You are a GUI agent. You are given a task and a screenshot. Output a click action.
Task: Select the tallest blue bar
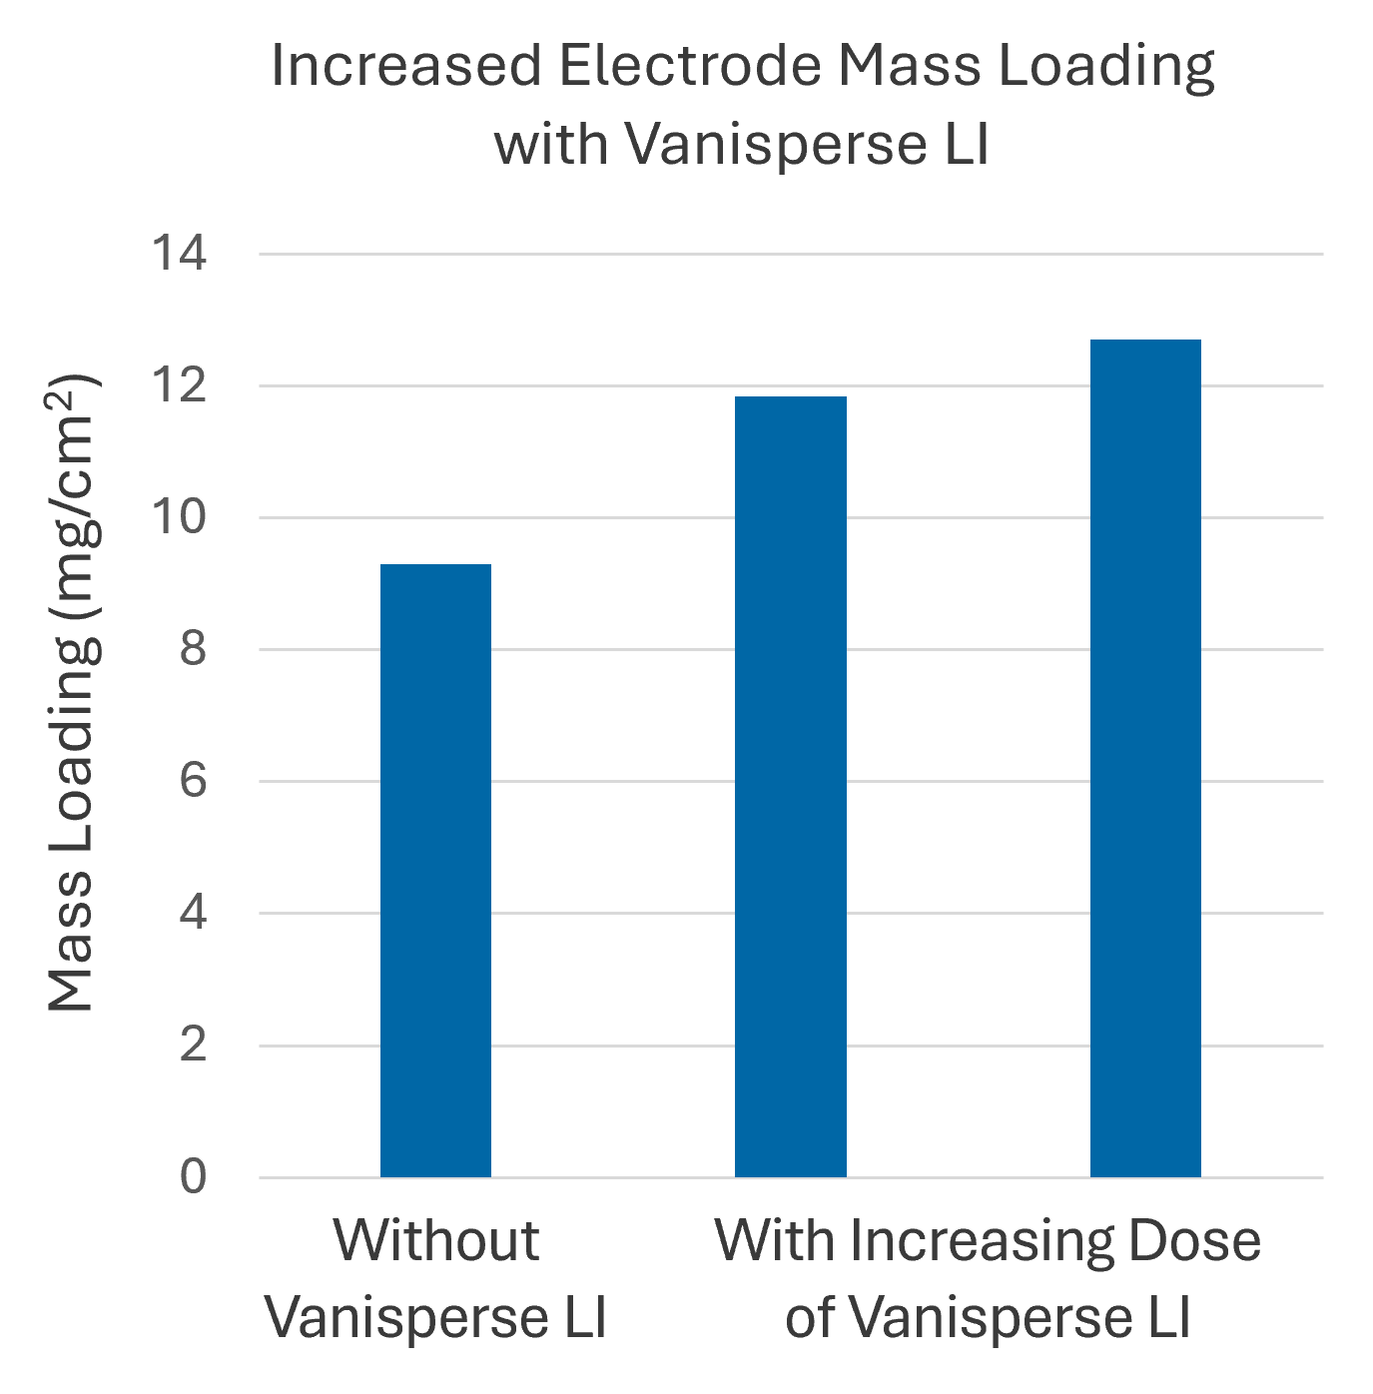coord(1145,759)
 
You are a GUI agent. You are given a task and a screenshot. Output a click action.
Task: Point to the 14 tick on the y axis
coord(180,254)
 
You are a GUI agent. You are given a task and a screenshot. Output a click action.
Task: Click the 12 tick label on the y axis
coord(180,385)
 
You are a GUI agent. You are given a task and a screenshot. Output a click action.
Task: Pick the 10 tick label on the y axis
coord(180,517)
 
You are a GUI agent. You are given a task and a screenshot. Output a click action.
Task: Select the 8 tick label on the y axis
coord(193,649)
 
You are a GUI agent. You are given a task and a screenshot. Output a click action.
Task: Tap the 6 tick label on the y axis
coord(193,781)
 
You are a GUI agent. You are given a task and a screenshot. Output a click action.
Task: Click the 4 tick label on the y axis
coord(193,913)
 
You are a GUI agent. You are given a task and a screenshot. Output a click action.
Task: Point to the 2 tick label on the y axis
coord(193,1045)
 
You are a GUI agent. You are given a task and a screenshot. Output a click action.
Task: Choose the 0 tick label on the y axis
coord(193,1177)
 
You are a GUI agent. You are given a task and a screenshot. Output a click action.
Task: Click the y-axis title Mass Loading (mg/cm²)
coord(73,692)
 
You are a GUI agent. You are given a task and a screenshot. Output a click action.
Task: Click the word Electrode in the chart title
coord(690,66)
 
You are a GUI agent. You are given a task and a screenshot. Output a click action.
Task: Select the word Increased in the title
coord(405,66)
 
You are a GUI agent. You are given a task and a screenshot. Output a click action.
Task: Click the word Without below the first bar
coord(436,1240)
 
